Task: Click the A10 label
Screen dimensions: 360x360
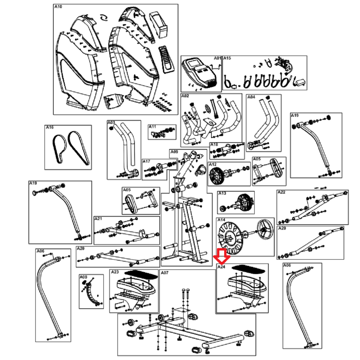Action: tap(58, 7)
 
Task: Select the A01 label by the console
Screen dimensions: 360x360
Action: tap(218, 58)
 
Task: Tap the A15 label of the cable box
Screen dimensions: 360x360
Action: tap(227, 58)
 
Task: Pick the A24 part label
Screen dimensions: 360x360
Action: tap(221, 267)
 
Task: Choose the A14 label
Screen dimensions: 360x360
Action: tap(221, 220)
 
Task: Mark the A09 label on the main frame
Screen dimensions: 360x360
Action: tap(174, 152)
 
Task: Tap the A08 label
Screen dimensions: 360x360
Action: tap(83, 277)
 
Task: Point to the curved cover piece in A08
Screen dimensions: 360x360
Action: tap(91, 293)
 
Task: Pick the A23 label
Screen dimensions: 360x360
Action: tap(115, 272)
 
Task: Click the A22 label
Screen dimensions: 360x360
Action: tap(281, 192)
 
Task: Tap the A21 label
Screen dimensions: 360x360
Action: tap(98, 219)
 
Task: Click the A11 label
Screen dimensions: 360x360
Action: tap(153, 127)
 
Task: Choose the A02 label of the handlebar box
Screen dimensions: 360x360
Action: tap(185, 96)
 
